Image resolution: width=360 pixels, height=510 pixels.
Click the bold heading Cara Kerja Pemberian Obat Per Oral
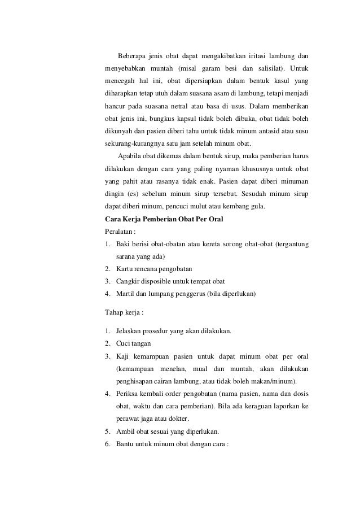[164, 219]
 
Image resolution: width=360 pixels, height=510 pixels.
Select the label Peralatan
[121, 232]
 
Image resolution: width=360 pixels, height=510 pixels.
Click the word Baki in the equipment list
[123, 244]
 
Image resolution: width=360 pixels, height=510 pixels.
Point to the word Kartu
[124, 268]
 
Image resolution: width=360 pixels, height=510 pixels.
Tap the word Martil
[125, 293]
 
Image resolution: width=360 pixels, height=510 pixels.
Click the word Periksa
[129, 393]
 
